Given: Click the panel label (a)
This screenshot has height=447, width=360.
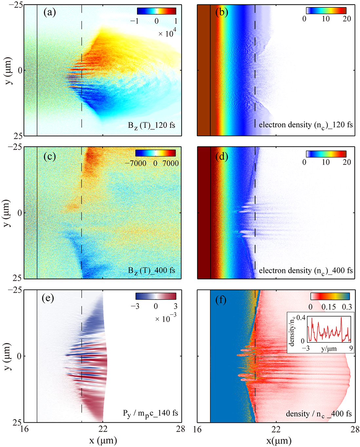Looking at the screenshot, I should tap(50, 13).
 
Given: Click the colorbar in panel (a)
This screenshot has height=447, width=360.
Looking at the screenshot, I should tap(156, 11).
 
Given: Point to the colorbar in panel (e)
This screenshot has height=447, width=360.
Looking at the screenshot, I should tap(156, 296).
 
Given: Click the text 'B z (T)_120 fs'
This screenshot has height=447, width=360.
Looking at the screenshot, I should tap(151, 125).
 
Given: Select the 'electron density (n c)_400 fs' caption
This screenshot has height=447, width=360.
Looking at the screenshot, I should tap(306, 271).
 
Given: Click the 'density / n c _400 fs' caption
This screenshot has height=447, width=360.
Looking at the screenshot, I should tap(318, 414).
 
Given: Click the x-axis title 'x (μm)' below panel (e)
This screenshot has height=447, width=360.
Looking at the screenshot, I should tap(103, 440).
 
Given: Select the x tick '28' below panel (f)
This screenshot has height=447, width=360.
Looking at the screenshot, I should tap(355, 429).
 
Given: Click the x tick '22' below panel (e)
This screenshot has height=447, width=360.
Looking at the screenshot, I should tap(103, 429).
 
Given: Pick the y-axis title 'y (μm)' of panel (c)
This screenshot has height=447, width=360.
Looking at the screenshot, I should tap(9, 213).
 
